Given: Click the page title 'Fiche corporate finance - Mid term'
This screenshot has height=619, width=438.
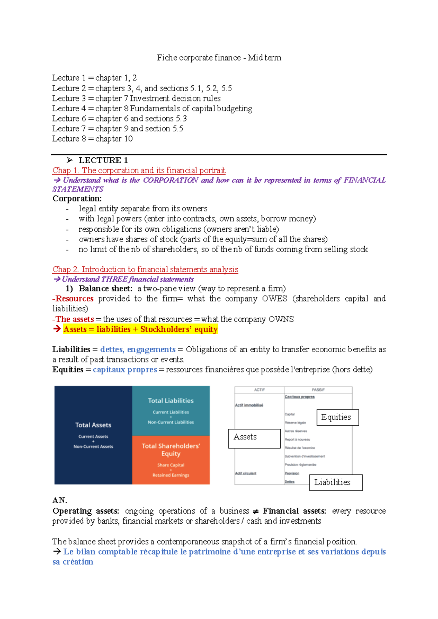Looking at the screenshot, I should [219, 58].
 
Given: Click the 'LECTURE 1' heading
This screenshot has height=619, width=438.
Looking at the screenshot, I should [103, 160].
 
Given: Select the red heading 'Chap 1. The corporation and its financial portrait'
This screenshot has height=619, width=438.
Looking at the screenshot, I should [139, 170].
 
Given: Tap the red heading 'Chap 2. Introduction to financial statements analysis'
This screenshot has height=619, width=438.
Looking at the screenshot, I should [145, 269].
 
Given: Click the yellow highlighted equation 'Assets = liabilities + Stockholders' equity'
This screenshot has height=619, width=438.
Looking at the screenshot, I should [141, 329].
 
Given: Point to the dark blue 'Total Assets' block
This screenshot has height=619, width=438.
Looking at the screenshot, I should [93, 435].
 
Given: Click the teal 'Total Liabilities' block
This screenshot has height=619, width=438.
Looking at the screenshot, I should [171, 411].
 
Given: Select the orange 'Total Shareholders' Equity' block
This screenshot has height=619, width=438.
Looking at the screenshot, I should [171, 460].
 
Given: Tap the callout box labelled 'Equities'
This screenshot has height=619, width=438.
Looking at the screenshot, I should [338, 418].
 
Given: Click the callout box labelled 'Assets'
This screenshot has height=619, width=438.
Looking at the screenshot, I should [254, 438].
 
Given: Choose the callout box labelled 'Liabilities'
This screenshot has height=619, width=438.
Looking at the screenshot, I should [336, 482].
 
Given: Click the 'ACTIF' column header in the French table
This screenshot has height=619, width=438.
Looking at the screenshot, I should [259, 390].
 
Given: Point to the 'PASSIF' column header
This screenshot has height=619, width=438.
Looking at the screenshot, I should [318, 390].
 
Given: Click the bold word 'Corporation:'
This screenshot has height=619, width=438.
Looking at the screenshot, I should [77, 199].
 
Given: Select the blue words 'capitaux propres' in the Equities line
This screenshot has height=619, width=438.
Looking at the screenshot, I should [125, 370].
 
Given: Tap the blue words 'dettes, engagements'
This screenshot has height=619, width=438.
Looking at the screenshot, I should [138, 350].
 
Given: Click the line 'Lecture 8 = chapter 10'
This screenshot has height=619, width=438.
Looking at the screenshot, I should [92, 139].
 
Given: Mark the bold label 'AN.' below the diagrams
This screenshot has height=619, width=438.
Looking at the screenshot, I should [59, 500].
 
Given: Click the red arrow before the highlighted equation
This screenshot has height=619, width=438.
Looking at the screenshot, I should [57, 329].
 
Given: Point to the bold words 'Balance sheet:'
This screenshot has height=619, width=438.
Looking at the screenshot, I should [105, 289].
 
